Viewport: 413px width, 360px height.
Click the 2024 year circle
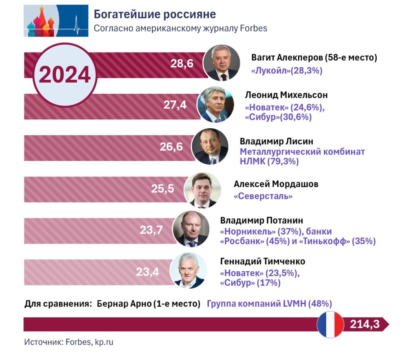tap(65, 75)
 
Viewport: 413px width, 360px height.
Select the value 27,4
tap(175, 105)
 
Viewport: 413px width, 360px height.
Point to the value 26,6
tap(171, 147)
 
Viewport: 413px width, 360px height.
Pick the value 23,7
tap(151, 230)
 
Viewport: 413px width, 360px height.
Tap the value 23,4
tap(147, 271)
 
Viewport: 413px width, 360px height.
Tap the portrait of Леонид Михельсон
tap(215, 104)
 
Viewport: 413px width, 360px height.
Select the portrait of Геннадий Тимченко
tap(188, 271)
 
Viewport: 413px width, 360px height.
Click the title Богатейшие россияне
tap(155, 15)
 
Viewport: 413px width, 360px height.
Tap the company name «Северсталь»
tap(263, 196)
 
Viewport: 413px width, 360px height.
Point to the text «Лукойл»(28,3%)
tap(287, 71)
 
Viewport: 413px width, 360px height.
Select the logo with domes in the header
tap(56, 21)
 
